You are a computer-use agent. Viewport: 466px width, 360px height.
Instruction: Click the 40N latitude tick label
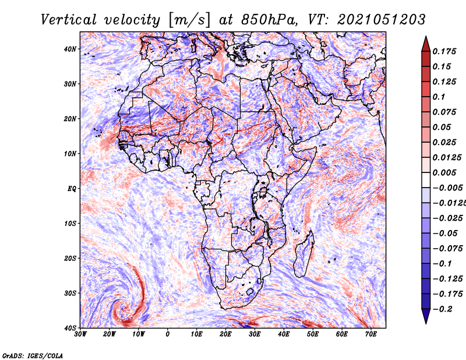pos(70,49)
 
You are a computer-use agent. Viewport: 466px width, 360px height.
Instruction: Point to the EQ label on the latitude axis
pos(72,189)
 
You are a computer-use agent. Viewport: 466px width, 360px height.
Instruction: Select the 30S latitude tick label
pos(70,294)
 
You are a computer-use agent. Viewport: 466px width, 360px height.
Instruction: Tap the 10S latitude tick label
pos(70,224)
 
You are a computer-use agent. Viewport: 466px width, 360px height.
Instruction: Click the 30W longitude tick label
pos(80,334)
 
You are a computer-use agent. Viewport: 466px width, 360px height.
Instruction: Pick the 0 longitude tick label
pos(168,334)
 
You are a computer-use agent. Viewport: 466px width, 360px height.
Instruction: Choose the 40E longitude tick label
pos(284,334)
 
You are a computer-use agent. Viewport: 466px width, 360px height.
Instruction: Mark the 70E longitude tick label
pos(371,334)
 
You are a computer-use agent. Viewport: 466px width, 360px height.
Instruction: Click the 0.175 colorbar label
pos(444,51)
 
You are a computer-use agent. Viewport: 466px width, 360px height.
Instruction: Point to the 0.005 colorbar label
pos(444,172)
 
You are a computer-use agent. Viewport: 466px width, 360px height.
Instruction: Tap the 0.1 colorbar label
pos(439,97)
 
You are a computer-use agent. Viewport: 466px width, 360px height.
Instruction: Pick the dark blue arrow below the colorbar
pos(426,316)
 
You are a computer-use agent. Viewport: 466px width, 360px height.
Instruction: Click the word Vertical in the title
pos(68,20)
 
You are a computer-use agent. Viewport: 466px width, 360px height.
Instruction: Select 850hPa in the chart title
pos(269,20)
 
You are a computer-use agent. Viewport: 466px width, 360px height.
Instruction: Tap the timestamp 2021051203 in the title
pos(382,20)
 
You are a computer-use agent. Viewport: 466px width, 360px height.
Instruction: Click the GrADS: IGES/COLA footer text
pos(33,355)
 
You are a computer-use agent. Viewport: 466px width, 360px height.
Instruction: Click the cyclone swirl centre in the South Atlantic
pos(122,307)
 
